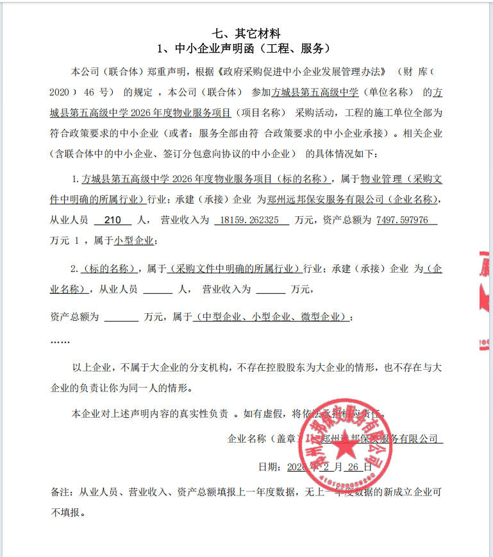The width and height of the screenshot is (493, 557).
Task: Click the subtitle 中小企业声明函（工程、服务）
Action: [246, 49]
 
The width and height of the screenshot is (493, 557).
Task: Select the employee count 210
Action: [112, 220]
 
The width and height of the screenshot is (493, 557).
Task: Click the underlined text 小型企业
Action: [134, 241]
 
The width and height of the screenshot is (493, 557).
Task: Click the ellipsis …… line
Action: [60, 341]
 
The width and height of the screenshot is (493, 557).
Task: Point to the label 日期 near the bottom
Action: [268, 467]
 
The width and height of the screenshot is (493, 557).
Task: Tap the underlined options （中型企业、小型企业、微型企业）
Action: [272, 317]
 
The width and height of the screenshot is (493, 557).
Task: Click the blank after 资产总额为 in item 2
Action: [121, 317]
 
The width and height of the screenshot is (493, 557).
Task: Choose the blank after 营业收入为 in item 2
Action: [270, 289]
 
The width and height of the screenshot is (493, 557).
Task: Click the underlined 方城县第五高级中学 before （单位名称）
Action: [317, 92]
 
